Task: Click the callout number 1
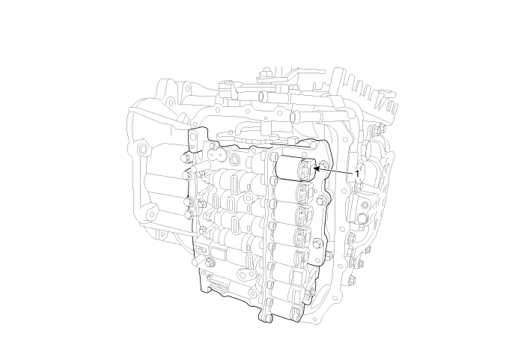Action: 357,174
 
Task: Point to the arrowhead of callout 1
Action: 317,169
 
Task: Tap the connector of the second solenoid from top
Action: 304,192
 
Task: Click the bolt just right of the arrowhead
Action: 324,164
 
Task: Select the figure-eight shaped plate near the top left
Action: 217,155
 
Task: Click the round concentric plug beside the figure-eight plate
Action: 234,159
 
